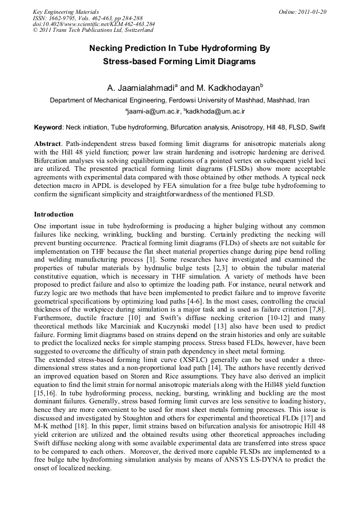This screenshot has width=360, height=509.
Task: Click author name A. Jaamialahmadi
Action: pyautogui.click(x=141, y=88)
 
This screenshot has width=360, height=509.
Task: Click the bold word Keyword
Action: pyautogui.click(x=48, y=127)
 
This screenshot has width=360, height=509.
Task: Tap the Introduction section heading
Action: pyautogui.click(x=54, y=214)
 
